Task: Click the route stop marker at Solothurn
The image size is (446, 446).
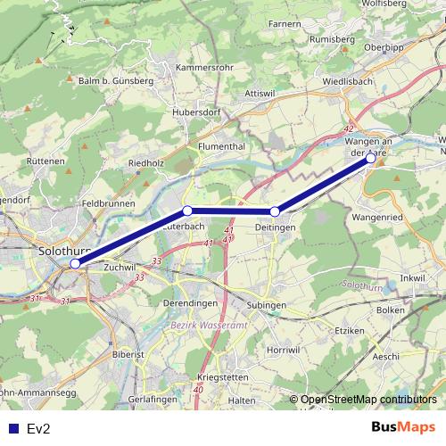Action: pos(76,263)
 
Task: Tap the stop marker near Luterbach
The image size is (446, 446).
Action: pos(187,211)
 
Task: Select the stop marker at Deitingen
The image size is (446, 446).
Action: pos(275,211)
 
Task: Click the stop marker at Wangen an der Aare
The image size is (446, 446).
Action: pos(370,158)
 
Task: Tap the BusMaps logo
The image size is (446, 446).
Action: pos(403,428)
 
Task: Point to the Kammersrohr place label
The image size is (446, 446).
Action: pos(204,68)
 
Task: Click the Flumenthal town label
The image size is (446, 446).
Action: pos(222,145)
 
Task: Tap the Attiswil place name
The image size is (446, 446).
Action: pos(260,93)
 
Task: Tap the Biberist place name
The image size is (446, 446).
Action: pos(128,354)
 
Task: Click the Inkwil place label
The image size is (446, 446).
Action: pos(414,278)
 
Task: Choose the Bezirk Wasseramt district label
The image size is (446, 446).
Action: pos(208,326)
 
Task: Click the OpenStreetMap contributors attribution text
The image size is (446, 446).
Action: pos(368,399)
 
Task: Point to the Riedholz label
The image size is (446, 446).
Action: pos(147,163)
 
